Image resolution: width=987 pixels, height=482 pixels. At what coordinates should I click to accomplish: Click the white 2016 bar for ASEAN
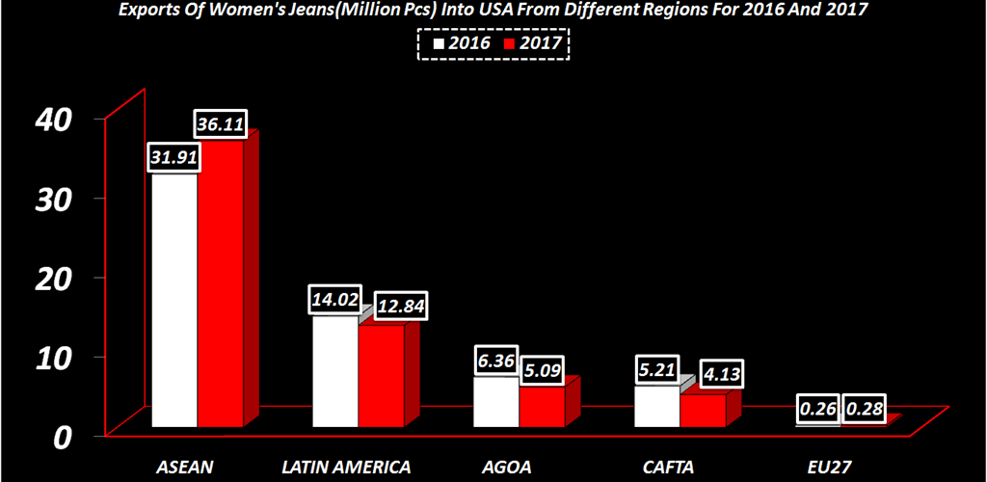[174, 299]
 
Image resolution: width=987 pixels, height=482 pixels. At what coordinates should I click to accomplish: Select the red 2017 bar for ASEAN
[221, 284]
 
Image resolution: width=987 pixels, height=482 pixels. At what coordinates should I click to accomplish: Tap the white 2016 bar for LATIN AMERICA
[335, 371]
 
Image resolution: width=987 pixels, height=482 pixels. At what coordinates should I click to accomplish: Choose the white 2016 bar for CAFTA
[656, 406]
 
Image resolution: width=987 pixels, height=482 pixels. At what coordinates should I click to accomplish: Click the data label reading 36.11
[221, 122]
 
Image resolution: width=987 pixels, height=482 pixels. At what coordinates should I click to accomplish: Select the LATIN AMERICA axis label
[346, 467]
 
